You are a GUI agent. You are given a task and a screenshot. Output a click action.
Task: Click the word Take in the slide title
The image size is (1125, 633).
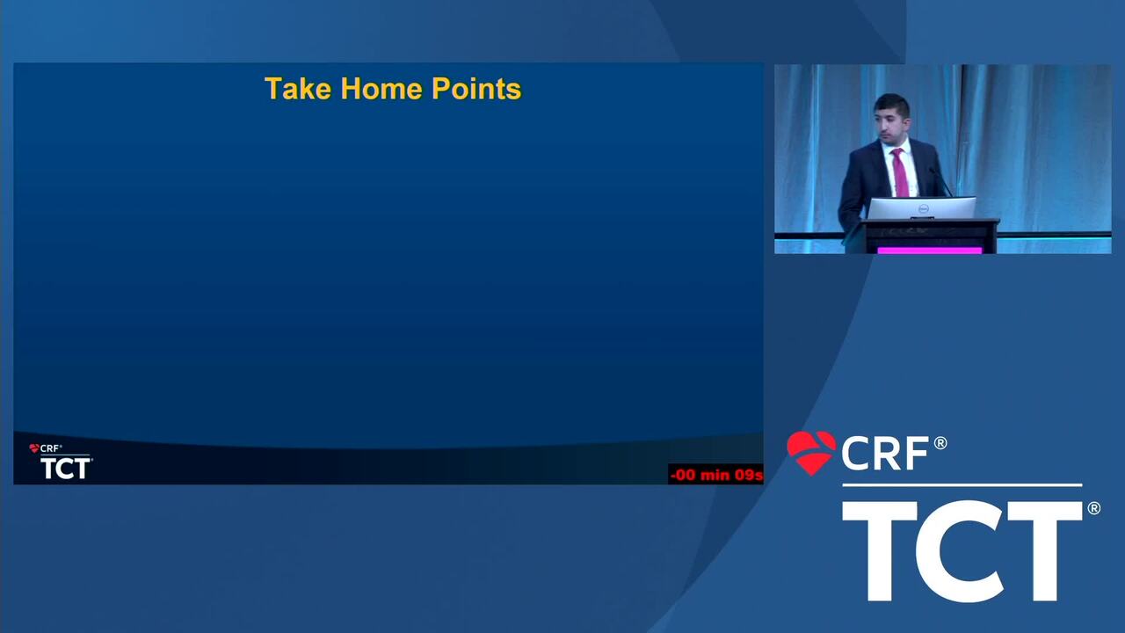(x=298, y=89)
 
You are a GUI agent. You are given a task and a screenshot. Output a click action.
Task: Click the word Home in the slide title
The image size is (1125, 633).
(x=381, y=89)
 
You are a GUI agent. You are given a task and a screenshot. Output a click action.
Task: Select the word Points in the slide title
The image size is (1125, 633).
(x=476, y=89)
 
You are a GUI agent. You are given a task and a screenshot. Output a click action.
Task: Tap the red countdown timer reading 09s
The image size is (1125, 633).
(x=716, y=475)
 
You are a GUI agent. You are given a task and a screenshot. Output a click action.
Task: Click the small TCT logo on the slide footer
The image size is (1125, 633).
(x=65, y=469)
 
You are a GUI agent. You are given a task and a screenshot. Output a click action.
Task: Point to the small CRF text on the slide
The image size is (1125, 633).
(x=49, y=448)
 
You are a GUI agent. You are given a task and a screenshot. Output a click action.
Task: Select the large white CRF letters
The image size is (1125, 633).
(x=885, y=454)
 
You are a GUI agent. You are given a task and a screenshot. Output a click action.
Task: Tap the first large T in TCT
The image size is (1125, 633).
(x=880, y=551)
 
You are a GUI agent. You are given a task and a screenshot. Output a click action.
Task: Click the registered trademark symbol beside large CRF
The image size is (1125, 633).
(x=940, y=443)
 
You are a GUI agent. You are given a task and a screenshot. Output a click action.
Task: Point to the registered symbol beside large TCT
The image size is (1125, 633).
(x=1094, y=508)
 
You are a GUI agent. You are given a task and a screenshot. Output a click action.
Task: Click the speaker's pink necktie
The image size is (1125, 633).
(x=899, y=172)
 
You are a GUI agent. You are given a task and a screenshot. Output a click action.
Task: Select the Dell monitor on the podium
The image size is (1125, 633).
(x=922, y=208)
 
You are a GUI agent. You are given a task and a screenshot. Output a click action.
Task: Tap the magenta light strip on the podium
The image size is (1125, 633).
(x=930, y=250)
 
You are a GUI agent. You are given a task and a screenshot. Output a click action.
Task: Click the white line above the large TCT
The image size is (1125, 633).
(x=962, y=485)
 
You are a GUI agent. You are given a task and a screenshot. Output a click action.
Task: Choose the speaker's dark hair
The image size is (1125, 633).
(x=892, y=104)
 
